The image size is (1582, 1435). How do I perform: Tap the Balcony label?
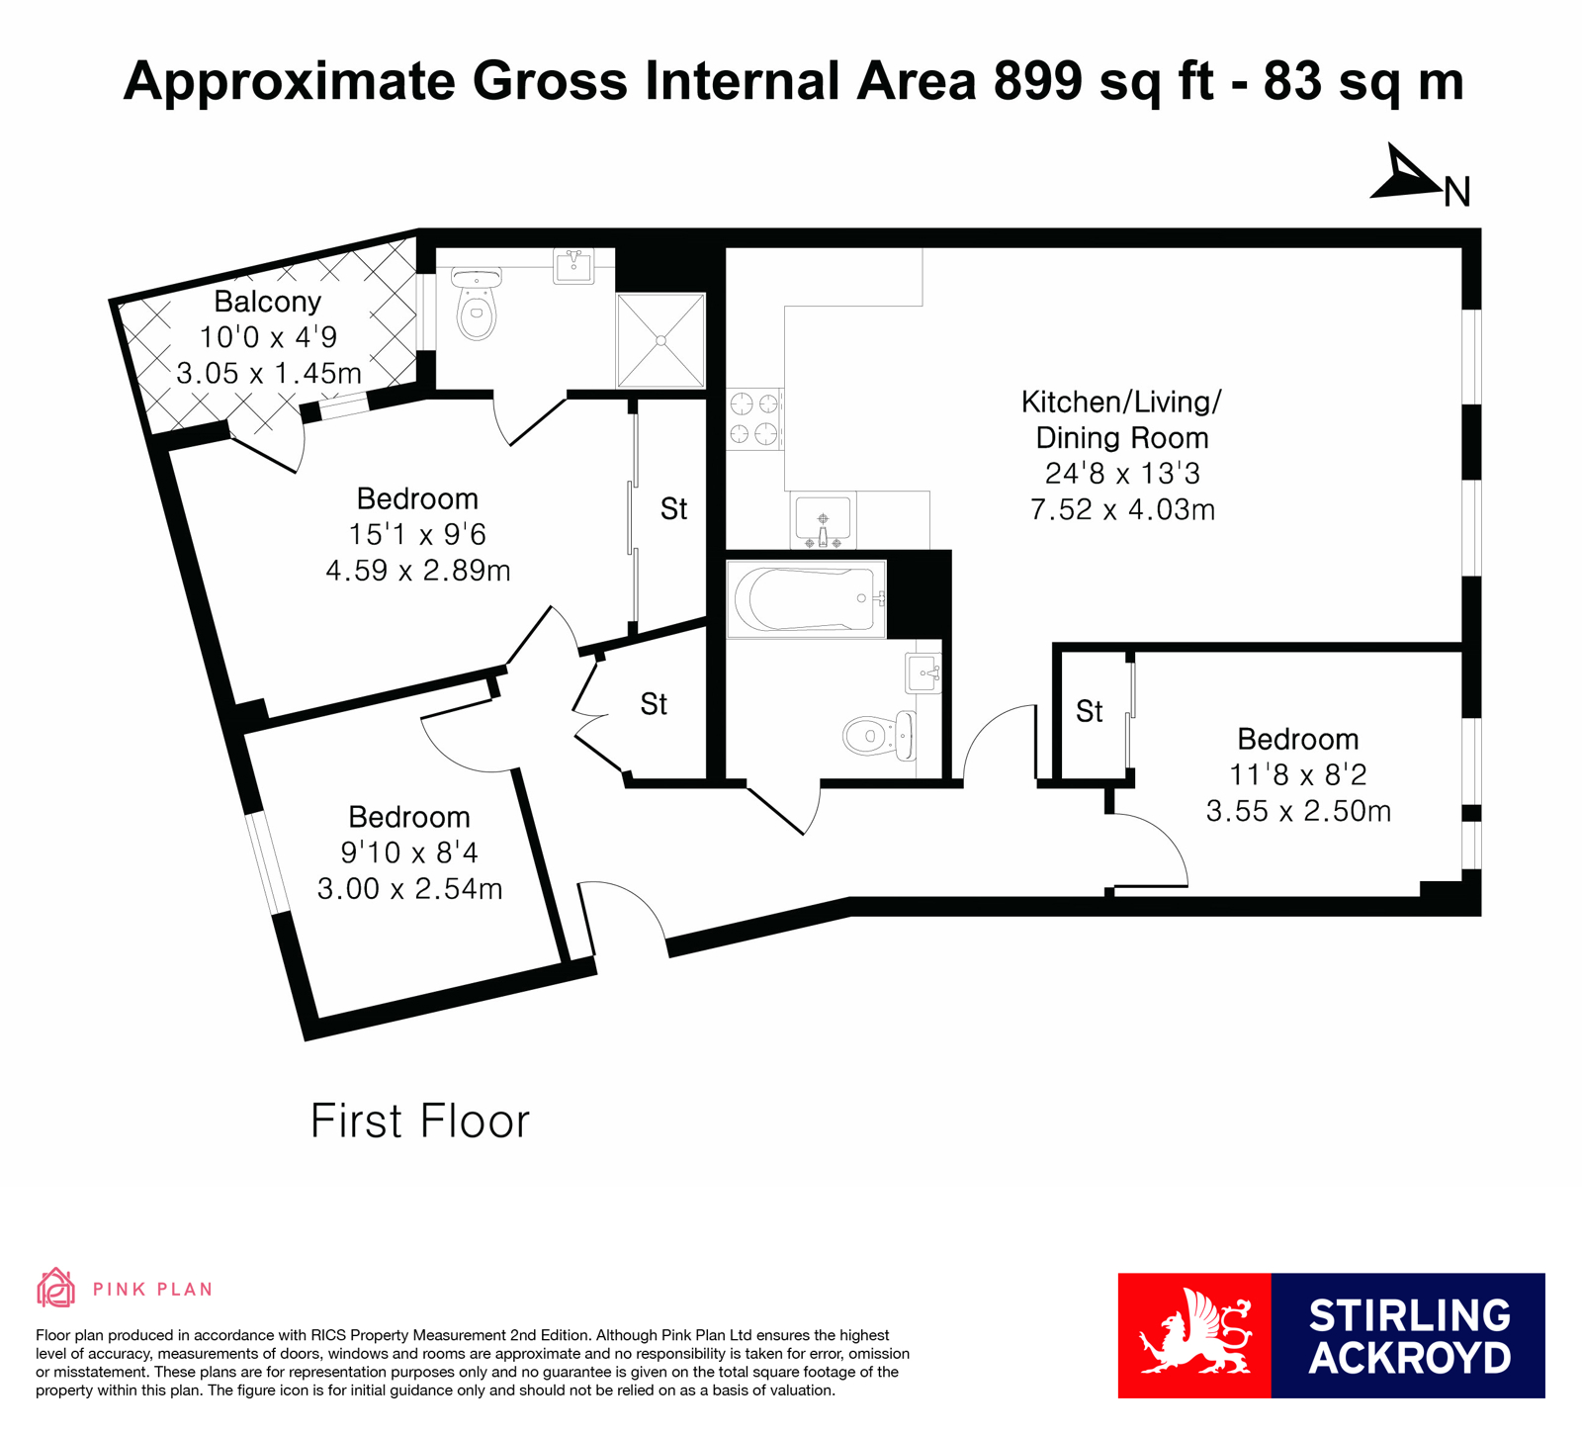268,302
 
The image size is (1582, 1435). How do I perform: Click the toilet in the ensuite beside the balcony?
477,302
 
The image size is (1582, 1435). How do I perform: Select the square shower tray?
660,340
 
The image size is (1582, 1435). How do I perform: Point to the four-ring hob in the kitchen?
754,418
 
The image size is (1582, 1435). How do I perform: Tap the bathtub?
807,598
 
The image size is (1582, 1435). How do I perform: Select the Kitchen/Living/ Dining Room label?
1122,419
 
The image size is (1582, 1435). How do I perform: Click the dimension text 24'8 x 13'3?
1122,474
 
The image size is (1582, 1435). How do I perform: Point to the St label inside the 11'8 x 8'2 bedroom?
1090,711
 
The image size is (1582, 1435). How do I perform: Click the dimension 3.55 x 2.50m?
1298,811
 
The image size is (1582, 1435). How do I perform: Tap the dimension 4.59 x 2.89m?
418,571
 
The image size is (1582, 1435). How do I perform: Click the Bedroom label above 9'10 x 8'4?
409,817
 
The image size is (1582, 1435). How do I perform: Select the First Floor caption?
420,1121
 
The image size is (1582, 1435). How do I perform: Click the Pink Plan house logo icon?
56,1288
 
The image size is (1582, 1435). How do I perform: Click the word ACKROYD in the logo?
1410,1358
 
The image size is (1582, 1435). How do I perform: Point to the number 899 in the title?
1037,80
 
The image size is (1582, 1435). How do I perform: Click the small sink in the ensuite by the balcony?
573,266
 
